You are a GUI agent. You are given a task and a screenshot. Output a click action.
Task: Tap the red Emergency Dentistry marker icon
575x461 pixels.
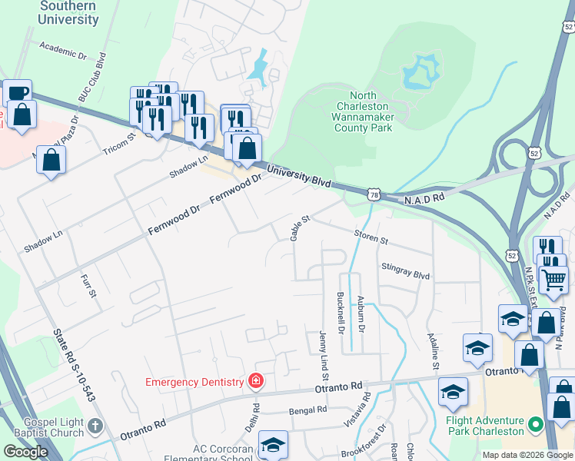tap(255, 381)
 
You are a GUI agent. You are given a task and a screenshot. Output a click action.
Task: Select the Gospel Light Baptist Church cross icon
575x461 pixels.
tap(95, 426)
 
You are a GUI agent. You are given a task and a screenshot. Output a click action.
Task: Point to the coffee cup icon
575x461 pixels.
tap(17, 93)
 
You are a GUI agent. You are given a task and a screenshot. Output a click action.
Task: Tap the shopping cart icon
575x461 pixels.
tap(553, 280)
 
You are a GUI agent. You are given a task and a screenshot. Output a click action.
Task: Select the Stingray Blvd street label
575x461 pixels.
tap(405, 270)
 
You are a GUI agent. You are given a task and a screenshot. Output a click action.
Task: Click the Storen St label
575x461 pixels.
tap(371, 237)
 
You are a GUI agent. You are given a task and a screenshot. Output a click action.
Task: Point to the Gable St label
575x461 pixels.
tap(299, 227)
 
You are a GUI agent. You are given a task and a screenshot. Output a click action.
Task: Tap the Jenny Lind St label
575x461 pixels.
tap(324, 356)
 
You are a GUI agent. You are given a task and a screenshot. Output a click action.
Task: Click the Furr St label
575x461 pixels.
tap(88, 285)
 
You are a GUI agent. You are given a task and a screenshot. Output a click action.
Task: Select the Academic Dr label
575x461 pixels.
tap(62, 50)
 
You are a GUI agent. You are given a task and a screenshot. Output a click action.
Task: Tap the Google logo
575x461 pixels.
tap(25, 452)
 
